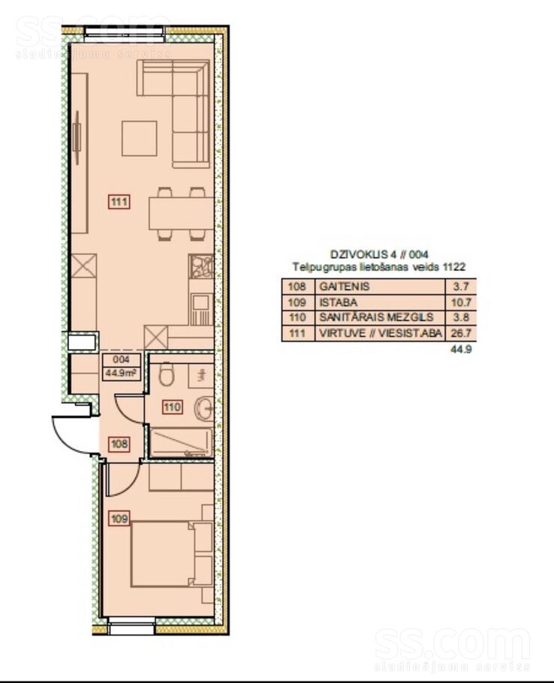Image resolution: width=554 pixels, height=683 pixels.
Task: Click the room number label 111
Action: click(x=119, y=202)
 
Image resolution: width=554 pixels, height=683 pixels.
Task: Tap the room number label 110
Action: click(x=172, y=408)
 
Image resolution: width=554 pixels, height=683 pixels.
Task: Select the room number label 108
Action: click(x=119, y=444)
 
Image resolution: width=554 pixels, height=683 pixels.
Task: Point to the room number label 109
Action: click(x=119, y=519)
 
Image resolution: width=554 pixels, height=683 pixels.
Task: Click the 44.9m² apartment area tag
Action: click(x=121, y=367)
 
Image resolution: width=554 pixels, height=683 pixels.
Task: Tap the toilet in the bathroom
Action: click(x=167, y=375)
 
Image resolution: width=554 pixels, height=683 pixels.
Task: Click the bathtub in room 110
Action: click(x=181, y=443)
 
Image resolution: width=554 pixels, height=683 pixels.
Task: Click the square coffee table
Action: click(x=140, y=139)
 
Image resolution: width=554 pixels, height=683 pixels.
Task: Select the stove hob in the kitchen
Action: click(x=201, y=267)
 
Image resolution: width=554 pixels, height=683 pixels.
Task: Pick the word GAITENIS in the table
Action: click(x=345, y=286)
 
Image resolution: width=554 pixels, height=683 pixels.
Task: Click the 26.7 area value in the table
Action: click(x=461, y=334)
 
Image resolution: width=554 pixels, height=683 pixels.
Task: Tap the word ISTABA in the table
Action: click(x=339, y=302)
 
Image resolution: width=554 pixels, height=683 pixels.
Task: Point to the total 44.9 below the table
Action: click(x=462, y=349)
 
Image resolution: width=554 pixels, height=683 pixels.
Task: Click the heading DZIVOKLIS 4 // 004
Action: click(x=379, y=254)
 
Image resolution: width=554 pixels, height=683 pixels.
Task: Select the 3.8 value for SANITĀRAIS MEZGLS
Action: click(x=461, y=317)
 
